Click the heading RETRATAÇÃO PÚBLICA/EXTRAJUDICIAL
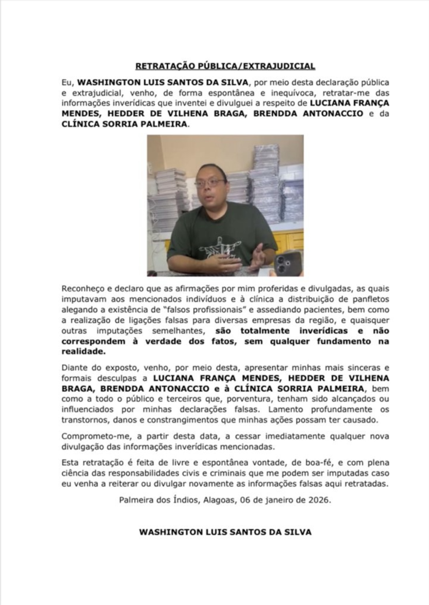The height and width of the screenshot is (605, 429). pyautogui.click(x=225, y=66)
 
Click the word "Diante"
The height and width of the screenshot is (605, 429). pyautogui.click(x=73, y=367)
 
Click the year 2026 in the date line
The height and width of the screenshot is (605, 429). pyautogui.click(x=319, y=500)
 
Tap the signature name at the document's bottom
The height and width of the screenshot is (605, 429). pyautogui.click(x=225, y=532)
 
